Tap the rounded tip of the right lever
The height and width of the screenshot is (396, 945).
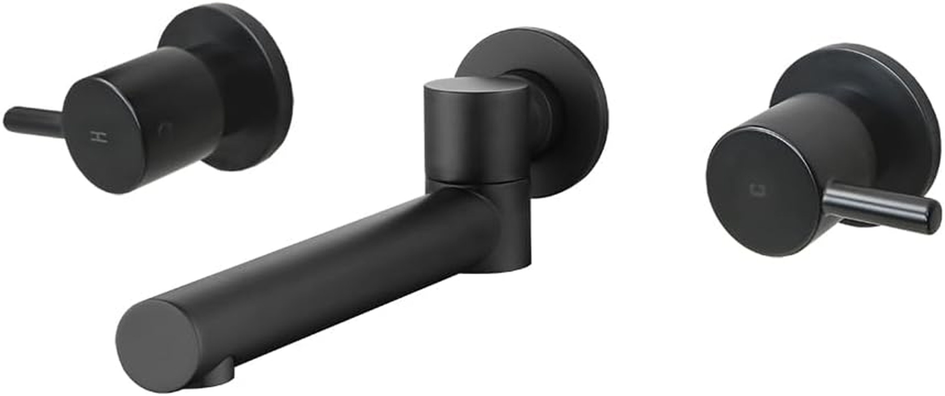coord(931,217)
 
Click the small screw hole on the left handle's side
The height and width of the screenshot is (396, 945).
coord(164,129)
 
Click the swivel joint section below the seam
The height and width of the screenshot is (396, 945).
coord(510,223)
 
